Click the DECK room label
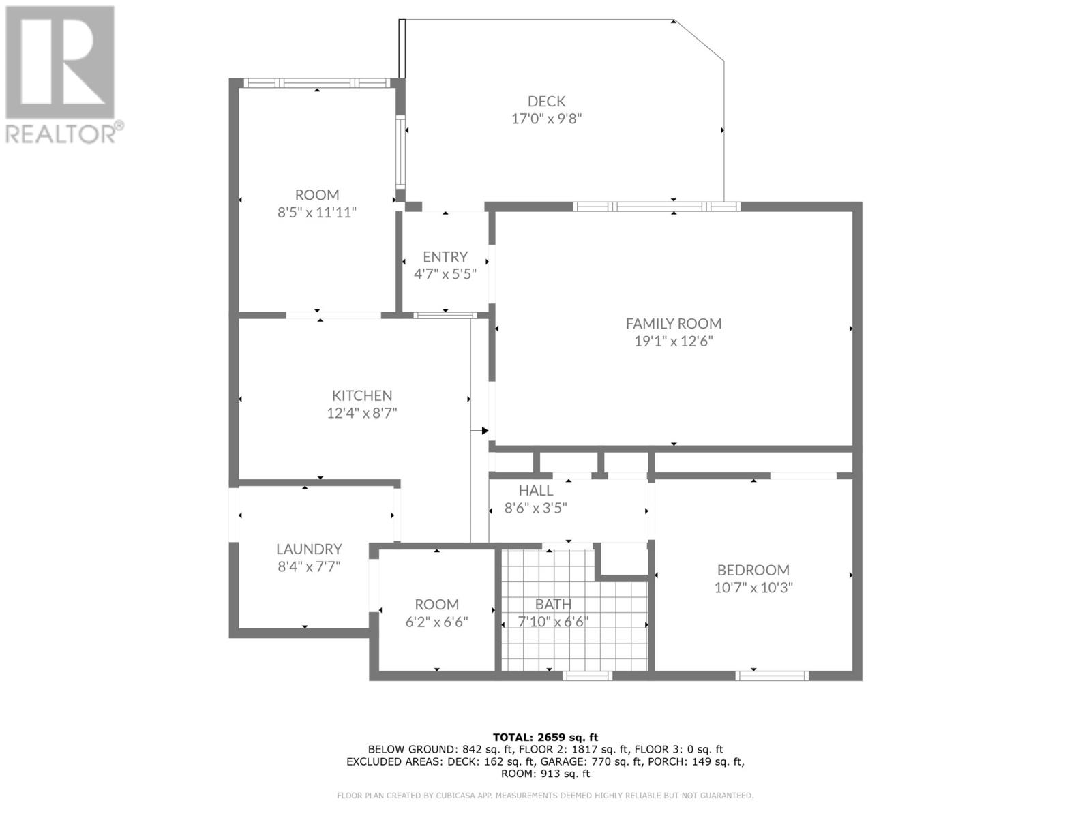tap(546, 102)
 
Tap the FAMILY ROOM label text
tap(674, 324)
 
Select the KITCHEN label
tap(362, 395)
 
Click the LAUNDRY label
tap(309, 549)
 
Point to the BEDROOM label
tap(753, 570)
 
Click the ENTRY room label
tap(445, 257)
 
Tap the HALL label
tap(536, 490)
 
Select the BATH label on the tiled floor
tap(553, 604)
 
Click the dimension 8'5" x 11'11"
tap(317, 213)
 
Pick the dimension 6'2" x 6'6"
tap(437, 622)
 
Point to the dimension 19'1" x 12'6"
tap(674, 342)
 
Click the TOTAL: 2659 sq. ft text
tap(545, 737)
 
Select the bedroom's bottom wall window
tap(772, 676)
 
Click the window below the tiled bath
tap(587, 676)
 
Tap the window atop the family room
tap(656, 207)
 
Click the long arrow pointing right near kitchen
tap(480, 431)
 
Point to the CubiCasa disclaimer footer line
tap(545, 796)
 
